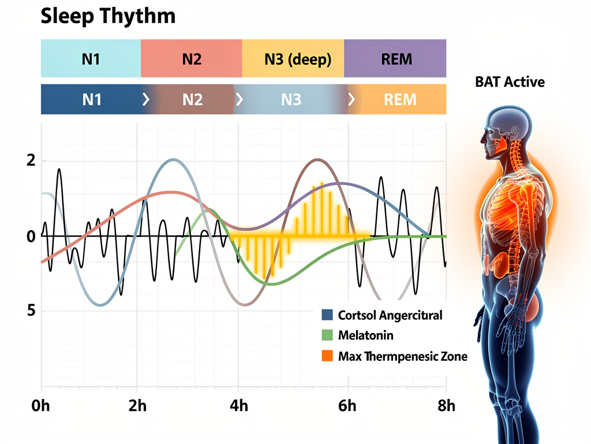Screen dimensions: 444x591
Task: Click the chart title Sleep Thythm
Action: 108,17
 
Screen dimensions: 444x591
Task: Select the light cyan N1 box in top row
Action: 91,58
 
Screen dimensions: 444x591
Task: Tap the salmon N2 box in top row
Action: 191,58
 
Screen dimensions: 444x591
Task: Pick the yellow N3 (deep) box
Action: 293,58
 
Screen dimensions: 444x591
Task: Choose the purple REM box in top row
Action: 395,58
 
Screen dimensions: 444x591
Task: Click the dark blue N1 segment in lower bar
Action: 91,99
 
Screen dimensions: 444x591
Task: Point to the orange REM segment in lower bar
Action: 399,99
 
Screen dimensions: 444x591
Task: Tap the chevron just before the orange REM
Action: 351,99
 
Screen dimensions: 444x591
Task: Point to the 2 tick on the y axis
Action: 31,161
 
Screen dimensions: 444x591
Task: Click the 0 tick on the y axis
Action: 31,236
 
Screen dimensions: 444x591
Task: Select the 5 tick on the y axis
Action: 31,310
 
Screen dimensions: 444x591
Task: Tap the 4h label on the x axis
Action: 238,406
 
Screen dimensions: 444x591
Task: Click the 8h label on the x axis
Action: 446,406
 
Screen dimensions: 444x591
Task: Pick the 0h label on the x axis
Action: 41,406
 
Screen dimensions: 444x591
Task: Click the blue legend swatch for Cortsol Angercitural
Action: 327,315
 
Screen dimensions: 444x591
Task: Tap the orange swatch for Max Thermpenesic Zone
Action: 327,356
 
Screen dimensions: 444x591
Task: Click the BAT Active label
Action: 510,82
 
